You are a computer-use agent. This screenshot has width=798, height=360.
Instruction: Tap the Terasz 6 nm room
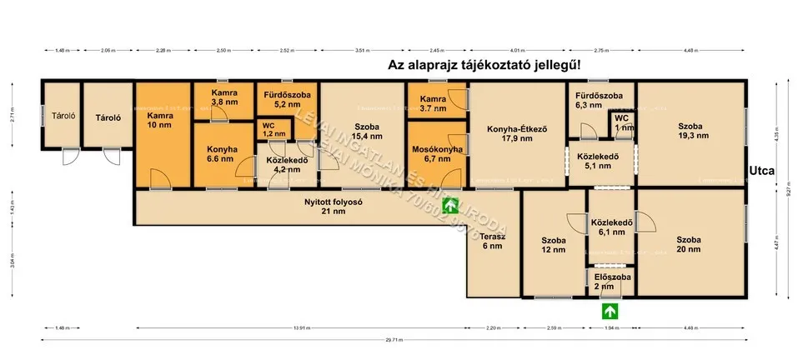point(492,241)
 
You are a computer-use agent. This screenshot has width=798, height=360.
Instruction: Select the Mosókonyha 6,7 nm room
point(437,153)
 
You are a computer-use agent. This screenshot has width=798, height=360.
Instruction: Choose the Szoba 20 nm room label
point(688,245)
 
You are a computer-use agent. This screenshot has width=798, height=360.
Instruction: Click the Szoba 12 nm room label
point(553,245)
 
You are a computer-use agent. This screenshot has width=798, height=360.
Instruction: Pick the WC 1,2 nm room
point(269,129)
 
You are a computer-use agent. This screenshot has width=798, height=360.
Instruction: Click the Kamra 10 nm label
point(160,121)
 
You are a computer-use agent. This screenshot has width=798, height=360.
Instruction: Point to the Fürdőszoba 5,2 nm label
point(286,101)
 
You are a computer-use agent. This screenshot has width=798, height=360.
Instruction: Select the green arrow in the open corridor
point(450,205)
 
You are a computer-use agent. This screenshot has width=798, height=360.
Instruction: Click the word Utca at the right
point(762,172)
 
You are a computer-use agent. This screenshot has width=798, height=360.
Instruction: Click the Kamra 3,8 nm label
point(224,97)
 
